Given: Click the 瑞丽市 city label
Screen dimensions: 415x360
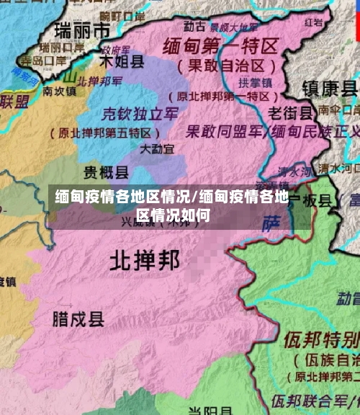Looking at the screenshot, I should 83,30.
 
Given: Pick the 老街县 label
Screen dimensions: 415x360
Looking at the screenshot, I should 290,113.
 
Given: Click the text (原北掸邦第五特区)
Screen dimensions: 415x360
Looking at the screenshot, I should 104,133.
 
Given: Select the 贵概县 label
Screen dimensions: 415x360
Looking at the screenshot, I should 106,171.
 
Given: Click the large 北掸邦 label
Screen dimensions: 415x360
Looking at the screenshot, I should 144,261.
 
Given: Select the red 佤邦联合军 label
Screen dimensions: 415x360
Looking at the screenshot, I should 310,399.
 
